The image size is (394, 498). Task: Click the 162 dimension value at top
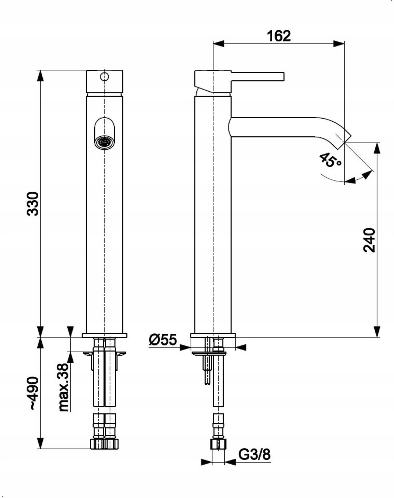point(279,36)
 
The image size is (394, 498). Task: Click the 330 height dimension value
point(33,204)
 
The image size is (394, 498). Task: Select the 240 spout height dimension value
point(370,240)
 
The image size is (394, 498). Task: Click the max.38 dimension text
point(64,388)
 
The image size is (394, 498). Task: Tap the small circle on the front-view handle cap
point(104,76)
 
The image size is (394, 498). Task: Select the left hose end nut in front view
point(96,444)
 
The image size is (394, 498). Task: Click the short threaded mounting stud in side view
point(207,370)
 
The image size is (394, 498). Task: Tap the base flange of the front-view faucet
point(104,335)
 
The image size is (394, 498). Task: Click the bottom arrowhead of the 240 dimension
point(377,331)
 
